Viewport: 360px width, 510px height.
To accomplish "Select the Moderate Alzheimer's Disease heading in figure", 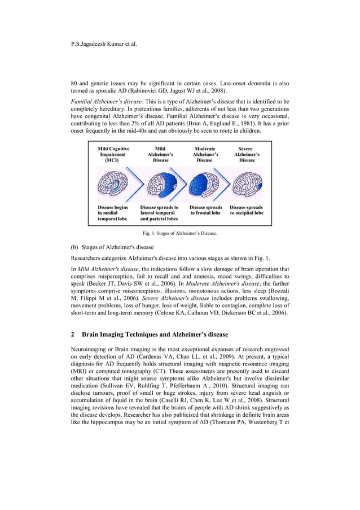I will pos(204,154).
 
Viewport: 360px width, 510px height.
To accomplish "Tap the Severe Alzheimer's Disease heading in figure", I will pos(247,154).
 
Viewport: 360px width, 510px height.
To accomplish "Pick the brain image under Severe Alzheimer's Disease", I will pos(247,184).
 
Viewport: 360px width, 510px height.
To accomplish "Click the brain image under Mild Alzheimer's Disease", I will pos(160,184).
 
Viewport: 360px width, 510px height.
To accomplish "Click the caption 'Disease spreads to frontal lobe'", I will pos(206,210).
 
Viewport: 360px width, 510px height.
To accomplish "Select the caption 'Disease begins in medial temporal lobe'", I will pos(113,213).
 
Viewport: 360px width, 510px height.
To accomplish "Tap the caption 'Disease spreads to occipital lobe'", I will pos(247,210).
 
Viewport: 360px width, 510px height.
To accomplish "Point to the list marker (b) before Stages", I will pos(74,247).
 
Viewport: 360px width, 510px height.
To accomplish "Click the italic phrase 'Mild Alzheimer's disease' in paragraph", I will pos(108,269).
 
